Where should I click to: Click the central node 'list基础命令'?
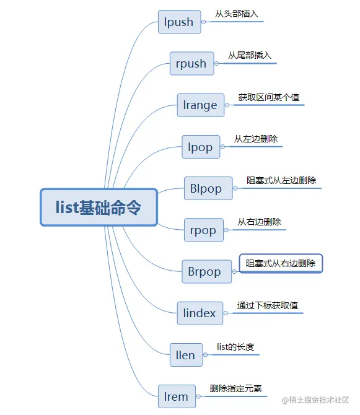[99, 207]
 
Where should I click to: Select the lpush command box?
[178, 22]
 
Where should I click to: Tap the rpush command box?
[191, 63]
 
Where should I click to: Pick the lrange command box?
[200, 105]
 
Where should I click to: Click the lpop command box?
[200, 147]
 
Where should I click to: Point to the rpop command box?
[203, 230]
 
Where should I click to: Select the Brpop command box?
[204, 271]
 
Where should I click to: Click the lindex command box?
[200, 313]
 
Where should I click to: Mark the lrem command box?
[177, 396]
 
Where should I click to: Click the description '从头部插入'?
[237, 14]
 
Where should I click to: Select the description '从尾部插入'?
[250, 55]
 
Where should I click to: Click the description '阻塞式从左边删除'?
[281, 180]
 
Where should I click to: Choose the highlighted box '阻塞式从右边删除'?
[281, 263]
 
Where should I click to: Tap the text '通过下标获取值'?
[268, 305]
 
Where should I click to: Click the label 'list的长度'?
[235, 347]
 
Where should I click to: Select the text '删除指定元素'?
[235, 388]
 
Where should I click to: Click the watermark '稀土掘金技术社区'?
[320, 400]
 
